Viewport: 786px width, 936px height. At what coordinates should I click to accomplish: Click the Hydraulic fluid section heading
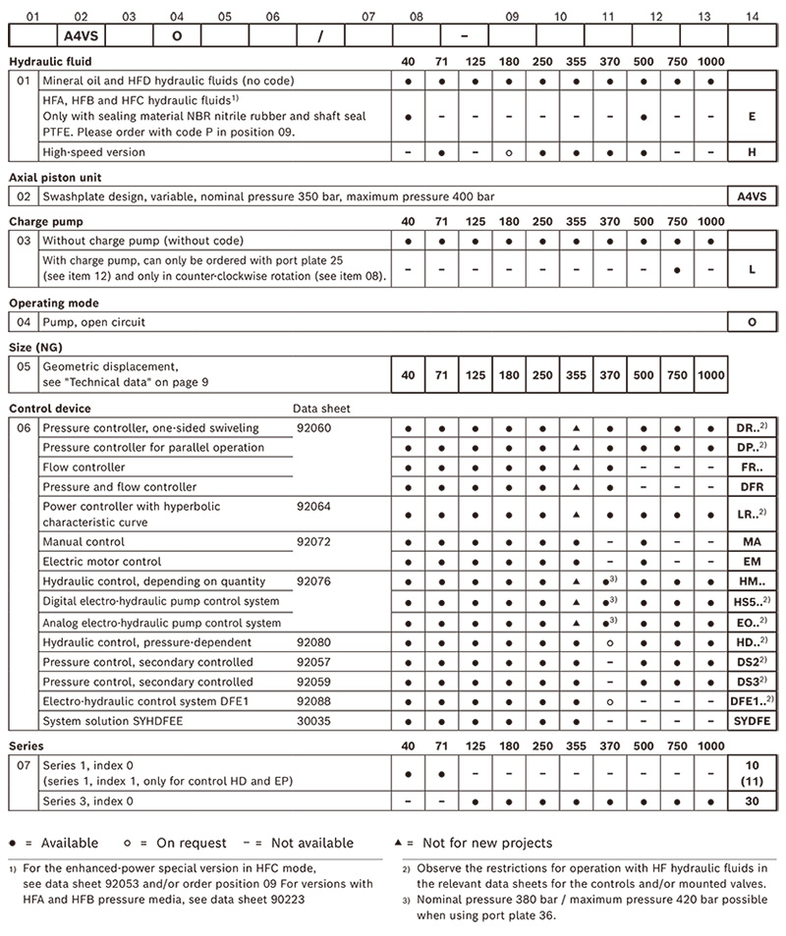pyautogui.click(x=50, y=62)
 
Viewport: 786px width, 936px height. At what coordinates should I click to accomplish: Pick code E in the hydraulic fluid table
pyautogui.click(x=752, y=116)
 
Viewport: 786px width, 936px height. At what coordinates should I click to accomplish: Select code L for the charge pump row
pyautogui.click(x=752, y=268)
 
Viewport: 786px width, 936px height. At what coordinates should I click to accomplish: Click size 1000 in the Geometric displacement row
pyautogui.click(x=710, y=374)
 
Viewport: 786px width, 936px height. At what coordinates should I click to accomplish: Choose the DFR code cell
pyautogui.click(x=752, y=487)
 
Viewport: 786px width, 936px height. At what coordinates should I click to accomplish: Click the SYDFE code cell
pyautogui.click(x=752, y=721)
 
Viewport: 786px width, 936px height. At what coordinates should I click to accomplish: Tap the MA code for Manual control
pyautogui.click(x=752, y=542)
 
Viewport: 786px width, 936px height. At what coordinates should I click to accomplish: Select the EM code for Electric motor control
pyautogui.click(x=752, y=562)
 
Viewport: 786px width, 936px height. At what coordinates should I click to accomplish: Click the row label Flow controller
pyautogui.click(x=84, y=468)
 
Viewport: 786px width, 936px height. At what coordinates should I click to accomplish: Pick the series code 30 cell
pyautogui.click(x=752, y=801)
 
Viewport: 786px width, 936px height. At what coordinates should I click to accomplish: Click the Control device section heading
pyautogui.click(x=50, y=408)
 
